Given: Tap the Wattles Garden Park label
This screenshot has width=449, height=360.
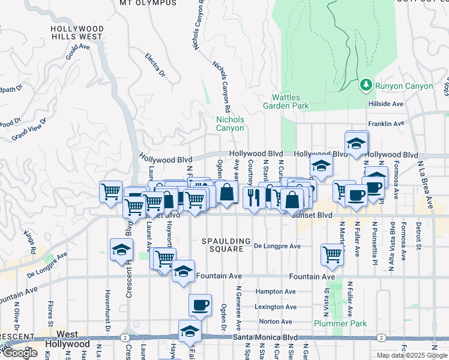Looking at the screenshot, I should coord(286,101).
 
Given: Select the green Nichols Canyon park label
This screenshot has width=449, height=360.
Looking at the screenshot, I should coord(230,124).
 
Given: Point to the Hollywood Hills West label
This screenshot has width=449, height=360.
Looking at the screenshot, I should coord(76,32).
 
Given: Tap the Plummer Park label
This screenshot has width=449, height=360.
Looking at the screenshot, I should coord(340,323).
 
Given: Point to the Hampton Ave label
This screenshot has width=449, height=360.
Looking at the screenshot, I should coord(276,292).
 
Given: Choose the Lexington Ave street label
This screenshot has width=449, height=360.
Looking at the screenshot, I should coord(276,307).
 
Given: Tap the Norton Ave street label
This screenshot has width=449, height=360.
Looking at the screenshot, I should coord(276,322).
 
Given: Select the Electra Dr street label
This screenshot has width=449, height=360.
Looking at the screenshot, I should coord(155,65).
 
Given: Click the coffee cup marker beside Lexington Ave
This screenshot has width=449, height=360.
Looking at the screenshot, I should coord(200,305).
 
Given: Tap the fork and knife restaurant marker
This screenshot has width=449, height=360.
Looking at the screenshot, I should coord(253,196).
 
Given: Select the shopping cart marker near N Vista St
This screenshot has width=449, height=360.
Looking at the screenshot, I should coord(332,254).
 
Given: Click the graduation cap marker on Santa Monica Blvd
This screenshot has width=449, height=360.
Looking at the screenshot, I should coord(190,331).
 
